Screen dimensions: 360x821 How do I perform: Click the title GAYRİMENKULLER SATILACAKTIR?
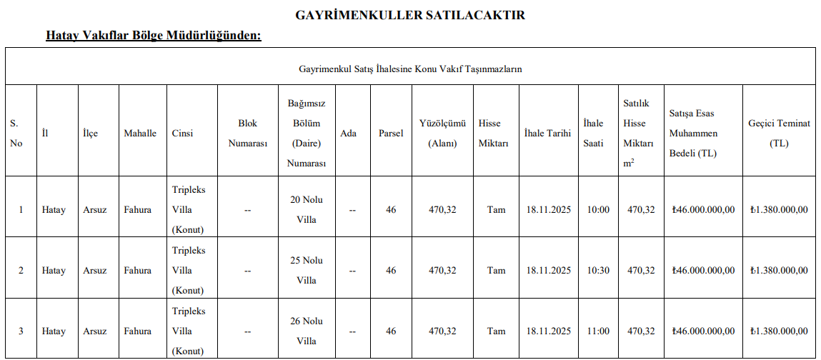point(410,15)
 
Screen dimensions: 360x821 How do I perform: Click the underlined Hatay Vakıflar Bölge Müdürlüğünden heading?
point(154,35)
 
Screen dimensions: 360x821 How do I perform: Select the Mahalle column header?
point(140,134)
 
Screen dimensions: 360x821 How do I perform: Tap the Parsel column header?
point(391,134)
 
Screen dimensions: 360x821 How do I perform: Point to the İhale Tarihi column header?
point(547,134)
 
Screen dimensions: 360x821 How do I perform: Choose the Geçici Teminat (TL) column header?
point(779,134)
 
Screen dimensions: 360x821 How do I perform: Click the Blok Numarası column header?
point(248,134)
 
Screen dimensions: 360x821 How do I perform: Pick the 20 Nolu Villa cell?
point(306,210)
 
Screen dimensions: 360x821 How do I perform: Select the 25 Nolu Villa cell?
point(306,271)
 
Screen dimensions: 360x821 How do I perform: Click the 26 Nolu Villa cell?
point(306,331)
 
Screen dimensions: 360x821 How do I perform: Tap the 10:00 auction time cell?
point(597,210)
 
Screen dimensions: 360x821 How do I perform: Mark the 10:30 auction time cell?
point(597,271)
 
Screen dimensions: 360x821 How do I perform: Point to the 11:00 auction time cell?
point(597,331)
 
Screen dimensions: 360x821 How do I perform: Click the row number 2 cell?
point(21,271)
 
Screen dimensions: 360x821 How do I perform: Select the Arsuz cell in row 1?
point(95,210)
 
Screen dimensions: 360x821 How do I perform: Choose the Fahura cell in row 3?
point(138,331)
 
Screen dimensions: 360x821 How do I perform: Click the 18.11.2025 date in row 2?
point(549,271)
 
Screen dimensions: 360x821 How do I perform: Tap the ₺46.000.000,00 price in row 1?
point(703,210)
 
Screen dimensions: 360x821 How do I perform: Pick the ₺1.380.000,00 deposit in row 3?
point(779,331)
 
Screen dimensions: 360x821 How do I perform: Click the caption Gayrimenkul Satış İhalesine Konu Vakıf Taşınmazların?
point(410,69)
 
